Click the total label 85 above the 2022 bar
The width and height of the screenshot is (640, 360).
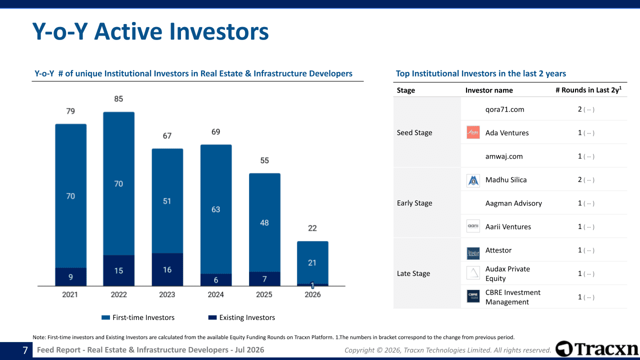point(118,99)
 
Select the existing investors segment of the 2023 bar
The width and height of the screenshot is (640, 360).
point(167,269)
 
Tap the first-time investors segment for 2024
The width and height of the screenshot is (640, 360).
point(216,209)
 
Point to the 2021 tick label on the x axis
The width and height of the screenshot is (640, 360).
point(70,294)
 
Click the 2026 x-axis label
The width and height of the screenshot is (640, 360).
point(312,294)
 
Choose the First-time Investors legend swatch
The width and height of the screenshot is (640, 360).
point(105,317)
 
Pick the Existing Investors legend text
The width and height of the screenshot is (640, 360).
point(247,317)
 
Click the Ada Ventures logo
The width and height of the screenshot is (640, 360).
point(473,132)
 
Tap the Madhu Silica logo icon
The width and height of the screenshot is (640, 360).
point(473,180)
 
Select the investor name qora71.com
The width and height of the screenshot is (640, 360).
point(504,109)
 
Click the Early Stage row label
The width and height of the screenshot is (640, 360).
point(414,203)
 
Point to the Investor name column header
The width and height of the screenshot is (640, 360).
point(489,90)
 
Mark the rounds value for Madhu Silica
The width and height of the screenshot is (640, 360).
point(579,179)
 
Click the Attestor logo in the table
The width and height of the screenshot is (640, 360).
point(473,253)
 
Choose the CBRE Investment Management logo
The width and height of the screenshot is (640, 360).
point(473,296)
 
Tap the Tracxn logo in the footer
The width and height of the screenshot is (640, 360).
point(597,348)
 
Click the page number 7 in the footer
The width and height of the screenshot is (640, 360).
point(25,350)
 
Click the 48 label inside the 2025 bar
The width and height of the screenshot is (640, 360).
point(264,222)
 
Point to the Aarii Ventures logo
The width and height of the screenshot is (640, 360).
point(473,226)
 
